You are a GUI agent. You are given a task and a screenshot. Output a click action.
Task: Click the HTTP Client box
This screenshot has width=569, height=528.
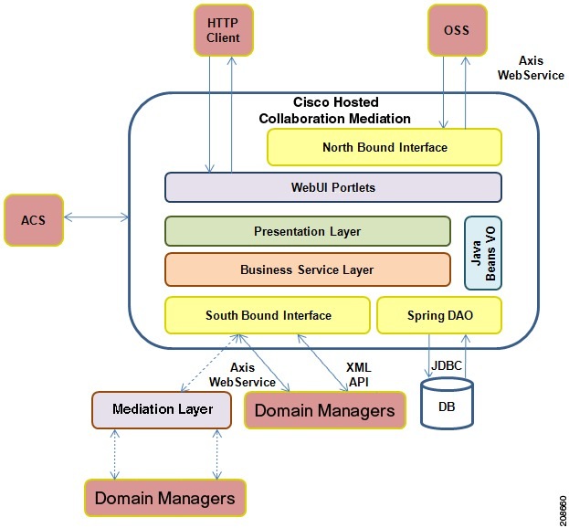point(224,29)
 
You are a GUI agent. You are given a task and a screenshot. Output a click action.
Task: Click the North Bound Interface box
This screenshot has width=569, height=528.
point(385,147)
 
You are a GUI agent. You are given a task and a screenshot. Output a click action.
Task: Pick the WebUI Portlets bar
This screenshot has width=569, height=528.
point(332,187)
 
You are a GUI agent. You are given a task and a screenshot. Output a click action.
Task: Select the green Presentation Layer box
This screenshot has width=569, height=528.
point(307,231)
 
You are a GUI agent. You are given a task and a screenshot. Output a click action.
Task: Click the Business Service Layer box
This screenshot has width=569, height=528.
point(307,269)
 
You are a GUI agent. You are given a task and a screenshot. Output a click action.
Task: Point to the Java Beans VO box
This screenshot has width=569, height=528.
point(483,253)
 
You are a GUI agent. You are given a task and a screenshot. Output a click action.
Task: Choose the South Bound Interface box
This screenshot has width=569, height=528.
point(268,315)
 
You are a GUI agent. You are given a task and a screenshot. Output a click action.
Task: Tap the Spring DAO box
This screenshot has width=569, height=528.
point(439,315)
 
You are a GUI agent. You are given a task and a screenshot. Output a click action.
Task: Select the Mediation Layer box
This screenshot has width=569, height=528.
point(163,409)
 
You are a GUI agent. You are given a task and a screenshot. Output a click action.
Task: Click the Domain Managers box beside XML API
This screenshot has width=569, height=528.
point(324,410)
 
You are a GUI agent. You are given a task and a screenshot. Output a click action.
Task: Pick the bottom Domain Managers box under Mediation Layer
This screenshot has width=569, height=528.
point(164,498)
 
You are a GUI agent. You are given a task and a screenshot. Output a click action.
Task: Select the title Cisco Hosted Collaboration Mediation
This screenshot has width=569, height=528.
point(334,111)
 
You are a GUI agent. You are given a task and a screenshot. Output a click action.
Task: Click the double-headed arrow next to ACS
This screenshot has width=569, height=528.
point(97,217)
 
